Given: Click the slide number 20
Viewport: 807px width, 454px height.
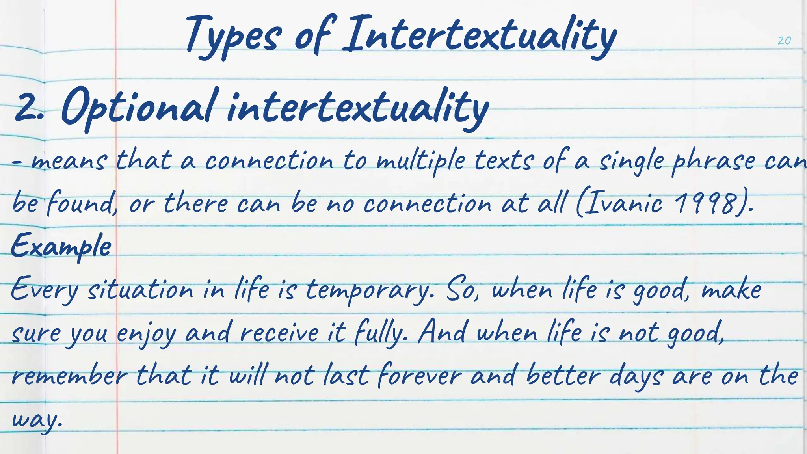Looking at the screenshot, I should pos(784,41).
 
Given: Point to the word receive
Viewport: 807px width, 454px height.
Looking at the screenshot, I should pos(280,333).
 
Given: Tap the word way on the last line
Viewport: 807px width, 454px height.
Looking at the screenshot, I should pos(36,419).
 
